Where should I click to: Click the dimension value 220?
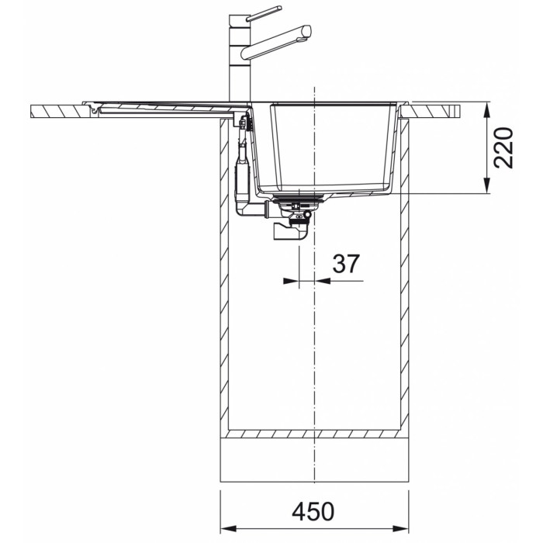point(503,148)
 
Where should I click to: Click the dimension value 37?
point(346,264)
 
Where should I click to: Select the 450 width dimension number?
point(313,512)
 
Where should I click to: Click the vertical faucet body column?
point(240,58)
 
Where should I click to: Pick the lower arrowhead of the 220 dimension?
point(487,185)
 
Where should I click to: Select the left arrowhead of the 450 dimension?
point(228,529)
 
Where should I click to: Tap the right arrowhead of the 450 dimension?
point(401,529)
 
